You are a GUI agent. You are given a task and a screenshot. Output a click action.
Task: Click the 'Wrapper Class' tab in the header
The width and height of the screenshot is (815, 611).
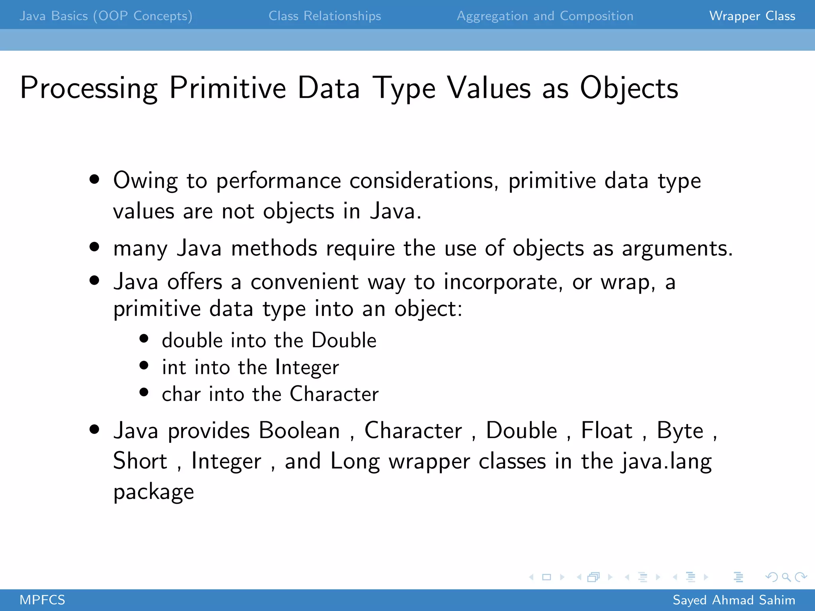pyautogui.click(x=752, y=16)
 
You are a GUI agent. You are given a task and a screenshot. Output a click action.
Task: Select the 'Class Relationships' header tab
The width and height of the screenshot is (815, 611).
pyautogui.click(x=325, y=16)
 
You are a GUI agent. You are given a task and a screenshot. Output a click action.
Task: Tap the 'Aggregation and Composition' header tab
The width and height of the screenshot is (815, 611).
pyautogui.click(x=545, y=16)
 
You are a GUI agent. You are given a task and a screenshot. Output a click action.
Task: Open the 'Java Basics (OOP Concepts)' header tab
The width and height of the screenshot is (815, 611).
pyautogui.click(x=106, y=16)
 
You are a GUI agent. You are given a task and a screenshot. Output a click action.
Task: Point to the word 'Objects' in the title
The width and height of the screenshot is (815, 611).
pyautogui.click(x=629, y=88)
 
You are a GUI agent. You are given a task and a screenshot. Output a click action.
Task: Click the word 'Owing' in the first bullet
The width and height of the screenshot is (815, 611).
pyautogui.click(x=145, y=181)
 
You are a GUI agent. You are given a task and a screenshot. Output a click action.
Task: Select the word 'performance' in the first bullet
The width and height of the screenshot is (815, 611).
pyautogui.click(x=279, y=181)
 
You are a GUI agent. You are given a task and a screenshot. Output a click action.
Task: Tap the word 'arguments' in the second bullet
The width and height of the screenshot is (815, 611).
pyautogui.click(x=677, y=249)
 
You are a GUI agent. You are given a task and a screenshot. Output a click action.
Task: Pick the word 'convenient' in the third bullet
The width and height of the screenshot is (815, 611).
pyautogui.click(x=304, y=282)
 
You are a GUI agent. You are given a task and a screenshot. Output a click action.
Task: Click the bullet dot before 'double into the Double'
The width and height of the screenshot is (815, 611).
pyautogui.click(x=144, y=339)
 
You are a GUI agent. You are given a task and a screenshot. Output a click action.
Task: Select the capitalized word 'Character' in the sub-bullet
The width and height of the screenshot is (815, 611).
pyautogui.click(x=334, y=394)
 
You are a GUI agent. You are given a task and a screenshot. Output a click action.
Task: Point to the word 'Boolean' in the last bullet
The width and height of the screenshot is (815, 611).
pyautogui.click(x=299, y=431)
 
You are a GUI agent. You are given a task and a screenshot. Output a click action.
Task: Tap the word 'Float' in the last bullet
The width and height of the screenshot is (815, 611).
pyautogui.click(x=606, y=431)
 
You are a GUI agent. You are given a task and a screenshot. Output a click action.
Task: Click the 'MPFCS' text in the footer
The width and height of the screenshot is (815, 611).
pyautogui.click(x=42, y=600)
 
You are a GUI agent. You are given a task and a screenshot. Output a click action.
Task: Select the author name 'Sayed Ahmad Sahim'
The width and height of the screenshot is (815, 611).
pyautogui.click(x=733, y=600)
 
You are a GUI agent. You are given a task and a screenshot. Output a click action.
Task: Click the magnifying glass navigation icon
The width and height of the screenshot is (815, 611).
pyautogui.click(x=786, y=577)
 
